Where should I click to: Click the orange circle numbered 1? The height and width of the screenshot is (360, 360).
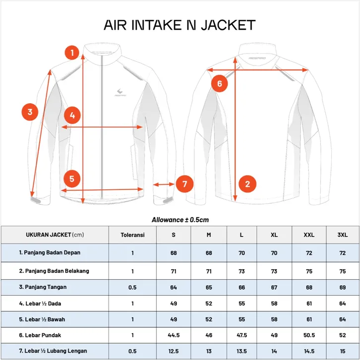[x=72, y=52]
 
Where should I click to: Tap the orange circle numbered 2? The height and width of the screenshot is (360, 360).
[x=247, y=184]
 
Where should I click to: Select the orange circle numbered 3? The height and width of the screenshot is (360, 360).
[x=30, y=112]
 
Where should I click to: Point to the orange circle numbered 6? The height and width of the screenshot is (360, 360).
[x=220, y=83]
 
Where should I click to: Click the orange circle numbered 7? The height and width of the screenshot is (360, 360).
[x=184, y=184]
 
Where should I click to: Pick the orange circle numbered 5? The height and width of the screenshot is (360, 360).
[x=72, y=178]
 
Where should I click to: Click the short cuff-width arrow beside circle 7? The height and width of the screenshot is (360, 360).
[x=164, y=184]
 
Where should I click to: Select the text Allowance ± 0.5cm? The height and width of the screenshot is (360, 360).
[x=180, y=219]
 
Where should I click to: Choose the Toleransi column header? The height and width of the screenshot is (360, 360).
[x=132, y=235]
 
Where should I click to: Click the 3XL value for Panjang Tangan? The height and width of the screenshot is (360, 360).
[x=342, y=287]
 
